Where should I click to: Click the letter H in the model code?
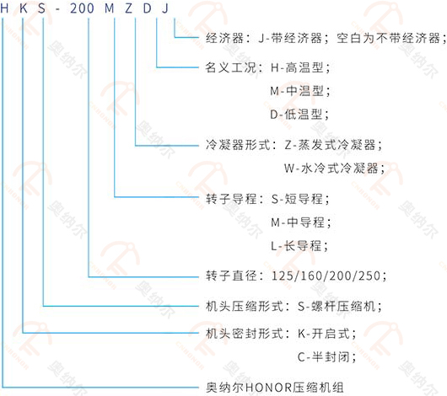(x=4, y=8)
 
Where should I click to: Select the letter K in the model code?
(x=24, y=8)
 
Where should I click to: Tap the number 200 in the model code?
(x=82, y=8)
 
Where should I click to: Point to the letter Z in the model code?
(x=128, y=8)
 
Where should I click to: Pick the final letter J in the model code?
(x=165, y=8)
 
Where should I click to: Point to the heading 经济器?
(x=224, y=38)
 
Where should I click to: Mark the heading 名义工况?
(x=231, y=67)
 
